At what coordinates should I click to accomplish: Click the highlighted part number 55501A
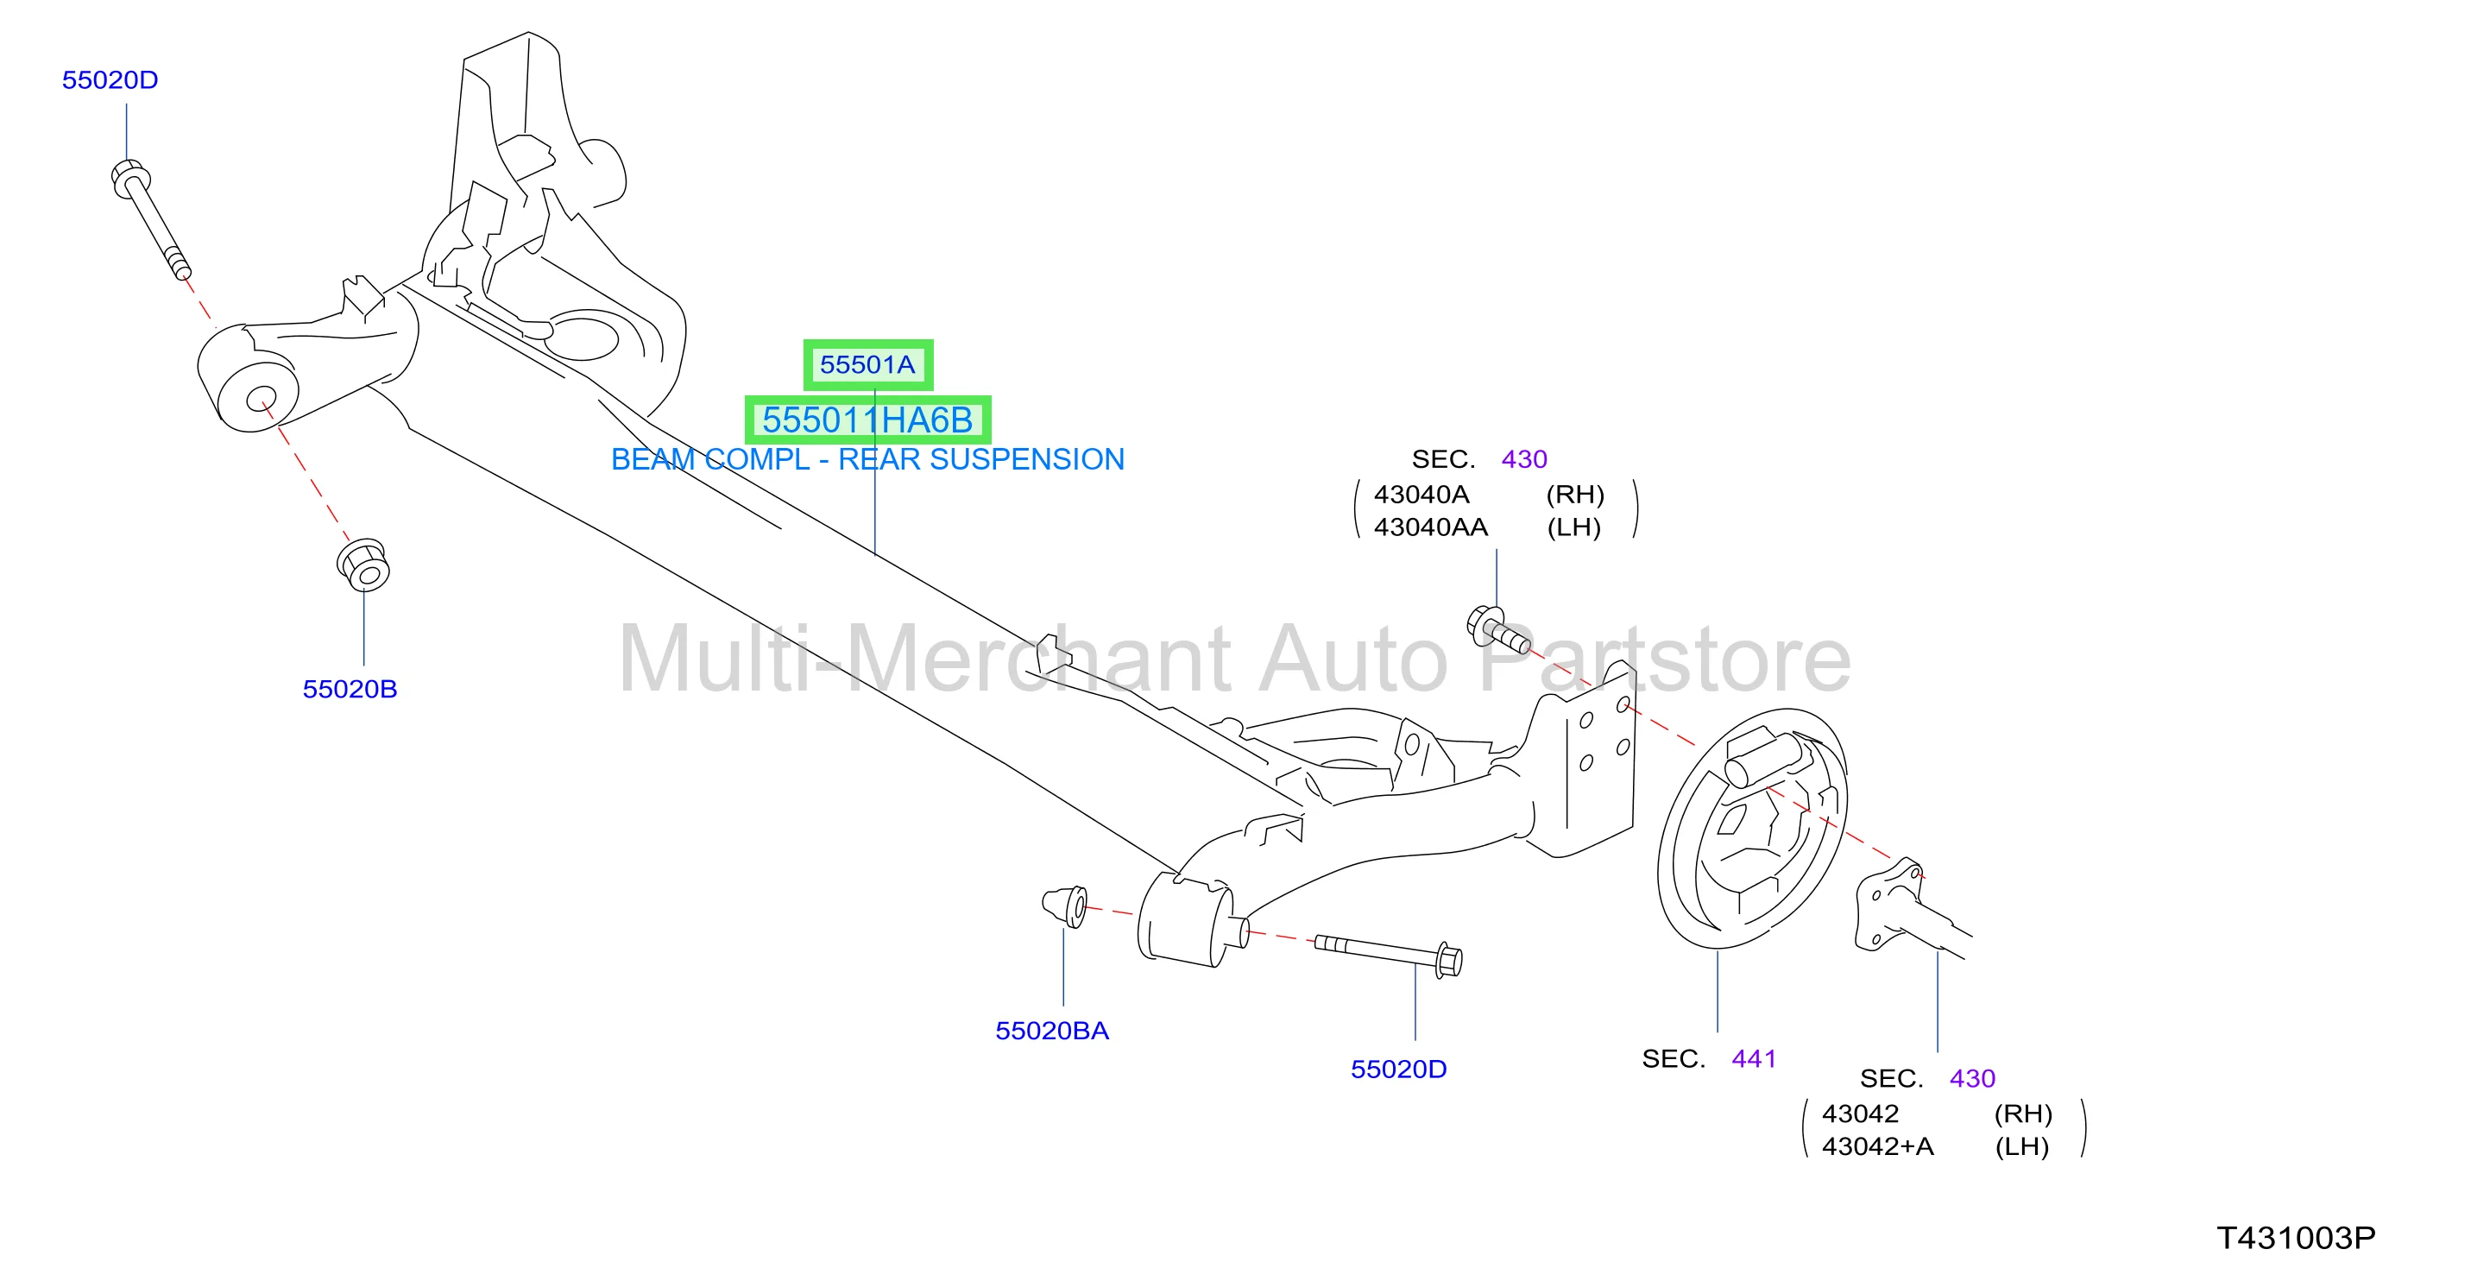(867, 364)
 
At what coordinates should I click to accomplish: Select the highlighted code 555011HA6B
(867, 420)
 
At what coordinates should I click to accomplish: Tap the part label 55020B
(350, 689)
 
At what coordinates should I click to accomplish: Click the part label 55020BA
(1051, 1031)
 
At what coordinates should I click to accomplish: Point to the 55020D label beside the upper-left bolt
(110, 79)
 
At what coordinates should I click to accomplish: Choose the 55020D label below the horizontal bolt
(1398, 1069)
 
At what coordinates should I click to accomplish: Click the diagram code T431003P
(2296, 1238)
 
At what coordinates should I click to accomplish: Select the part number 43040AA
(1430, 527)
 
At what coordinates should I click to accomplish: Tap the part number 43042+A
(1877, 1145)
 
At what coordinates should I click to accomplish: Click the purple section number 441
(1754, 1058)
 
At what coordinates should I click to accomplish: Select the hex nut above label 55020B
(363, 565)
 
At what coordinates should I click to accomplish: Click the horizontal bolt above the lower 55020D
(1388, 956)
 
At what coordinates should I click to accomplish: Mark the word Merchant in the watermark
(1040, 659)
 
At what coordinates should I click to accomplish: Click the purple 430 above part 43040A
(1524, 458)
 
